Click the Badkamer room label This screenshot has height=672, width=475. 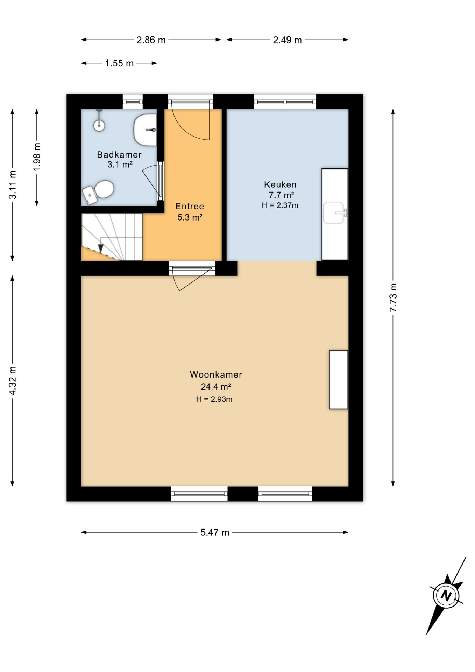(x=119, y=154)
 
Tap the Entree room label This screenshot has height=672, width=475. (x=190, y=206)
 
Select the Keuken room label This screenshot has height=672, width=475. (x=280, y=184)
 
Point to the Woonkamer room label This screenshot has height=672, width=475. (x=216, y=374)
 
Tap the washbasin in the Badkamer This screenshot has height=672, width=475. (x=145, y=130)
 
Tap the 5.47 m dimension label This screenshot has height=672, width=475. (x=215, y=532)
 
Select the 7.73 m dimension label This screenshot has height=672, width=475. (x=393, y=297)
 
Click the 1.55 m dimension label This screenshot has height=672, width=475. (x=119, y=63)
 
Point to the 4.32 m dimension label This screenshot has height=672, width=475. (x=13, y=381)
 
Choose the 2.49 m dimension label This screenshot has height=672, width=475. (x=287, y=40)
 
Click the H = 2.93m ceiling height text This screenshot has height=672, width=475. (x=214, y=399)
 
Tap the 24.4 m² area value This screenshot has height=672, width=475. (x=215, y=387)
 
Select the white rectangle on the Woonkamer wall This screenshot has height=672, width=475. (x=339, y=380)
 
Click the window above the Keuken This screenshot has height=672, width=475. (x=285, y=102)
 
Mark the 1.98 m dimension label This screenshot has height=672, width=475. (x=37, y=157)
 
